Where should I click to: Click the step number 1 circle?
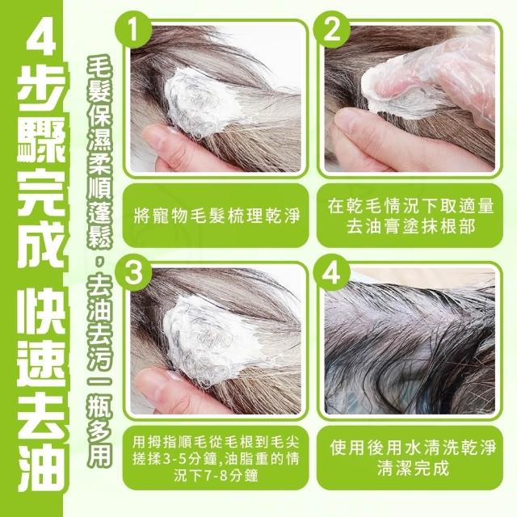(x=133, y=30)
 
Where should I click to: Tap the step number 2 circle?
(x=331, y=30)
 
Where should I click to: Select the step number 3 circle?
(x=133, y=272)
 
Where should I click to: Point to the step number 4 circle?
(x=331, y=272)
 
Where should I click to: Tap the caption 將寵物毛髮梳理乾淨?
(x=216, y=216)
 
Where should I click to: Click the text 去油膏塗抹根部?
(x=410, y=226)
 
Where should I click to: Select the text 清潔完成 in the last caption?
(x=413, y=468)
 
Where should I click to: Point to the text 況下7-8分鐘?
(x=216, y=476)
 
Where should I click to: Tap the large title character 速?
(x=41, y=366)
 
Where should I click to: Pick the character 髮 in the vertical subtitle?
(x=100, y=90)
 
